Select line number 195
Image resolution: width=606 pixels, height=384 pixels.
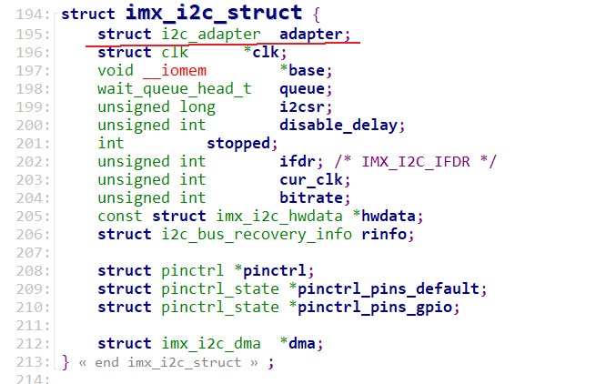tap(32, 34)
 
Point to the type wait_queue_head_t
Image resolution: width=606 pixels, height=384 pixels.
tap(174, 88)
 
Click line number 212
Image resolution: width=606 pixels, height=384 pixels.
tap(32, 343)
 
